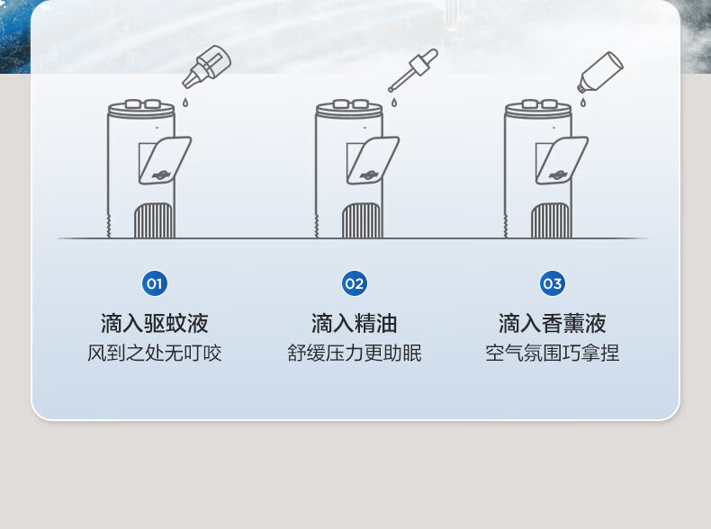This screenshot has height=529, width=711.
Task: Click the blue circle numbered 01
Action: (x=155, y=283)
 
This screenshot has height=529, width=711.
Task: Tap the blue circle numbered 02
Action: (x=354, y=283)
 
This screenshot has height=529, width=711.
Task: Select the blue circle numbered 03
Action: (x=553, y=283)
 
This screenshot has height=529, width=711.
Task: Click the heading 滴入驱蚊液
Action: (x=155, y=323)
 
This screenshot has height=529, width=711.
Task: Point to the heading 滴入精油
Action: (x=354, y=323)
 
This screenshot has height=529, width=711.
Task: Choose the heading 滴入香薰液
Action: (x=553, y=323)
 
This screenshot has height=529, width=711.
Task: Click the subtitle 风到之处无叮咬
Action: (x=155, y=354)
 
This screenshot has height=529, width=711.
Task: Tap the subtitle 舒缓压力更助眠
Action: (x=354, y=354)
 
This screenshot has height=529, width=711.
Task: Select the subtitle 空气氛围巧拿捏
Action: (x=553, y=354)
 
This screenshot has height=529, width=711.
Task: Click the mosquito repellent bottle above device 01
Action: (x=207, y=67)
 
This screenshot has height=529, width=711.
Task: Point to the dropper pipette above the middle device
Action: (x=413, y=70)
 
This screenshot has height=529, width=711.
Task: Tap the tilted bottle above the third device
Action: (x=600, y=72)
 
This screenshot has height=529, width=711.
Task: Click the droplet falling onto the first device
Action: (x=185, y=103)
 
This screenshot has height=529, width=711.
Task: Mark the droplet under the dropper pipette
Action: (x=393, y=103)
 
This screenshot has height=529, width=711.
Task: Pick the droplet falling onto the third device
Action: (x=582, y=103)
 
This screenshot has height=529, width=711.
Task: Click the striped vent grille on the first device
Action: (x=154, y=220)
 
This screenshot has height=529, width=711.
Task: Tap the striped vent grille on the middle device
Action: (x=362, y=220)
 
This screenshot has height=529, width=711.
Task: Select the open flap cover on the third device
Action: (x=562, y=160)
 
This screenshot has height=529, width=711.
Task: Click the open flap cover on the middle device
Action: (x=373, y=160)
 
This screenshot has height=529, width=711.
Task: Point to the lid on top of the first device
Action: (x=141, y=109)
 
